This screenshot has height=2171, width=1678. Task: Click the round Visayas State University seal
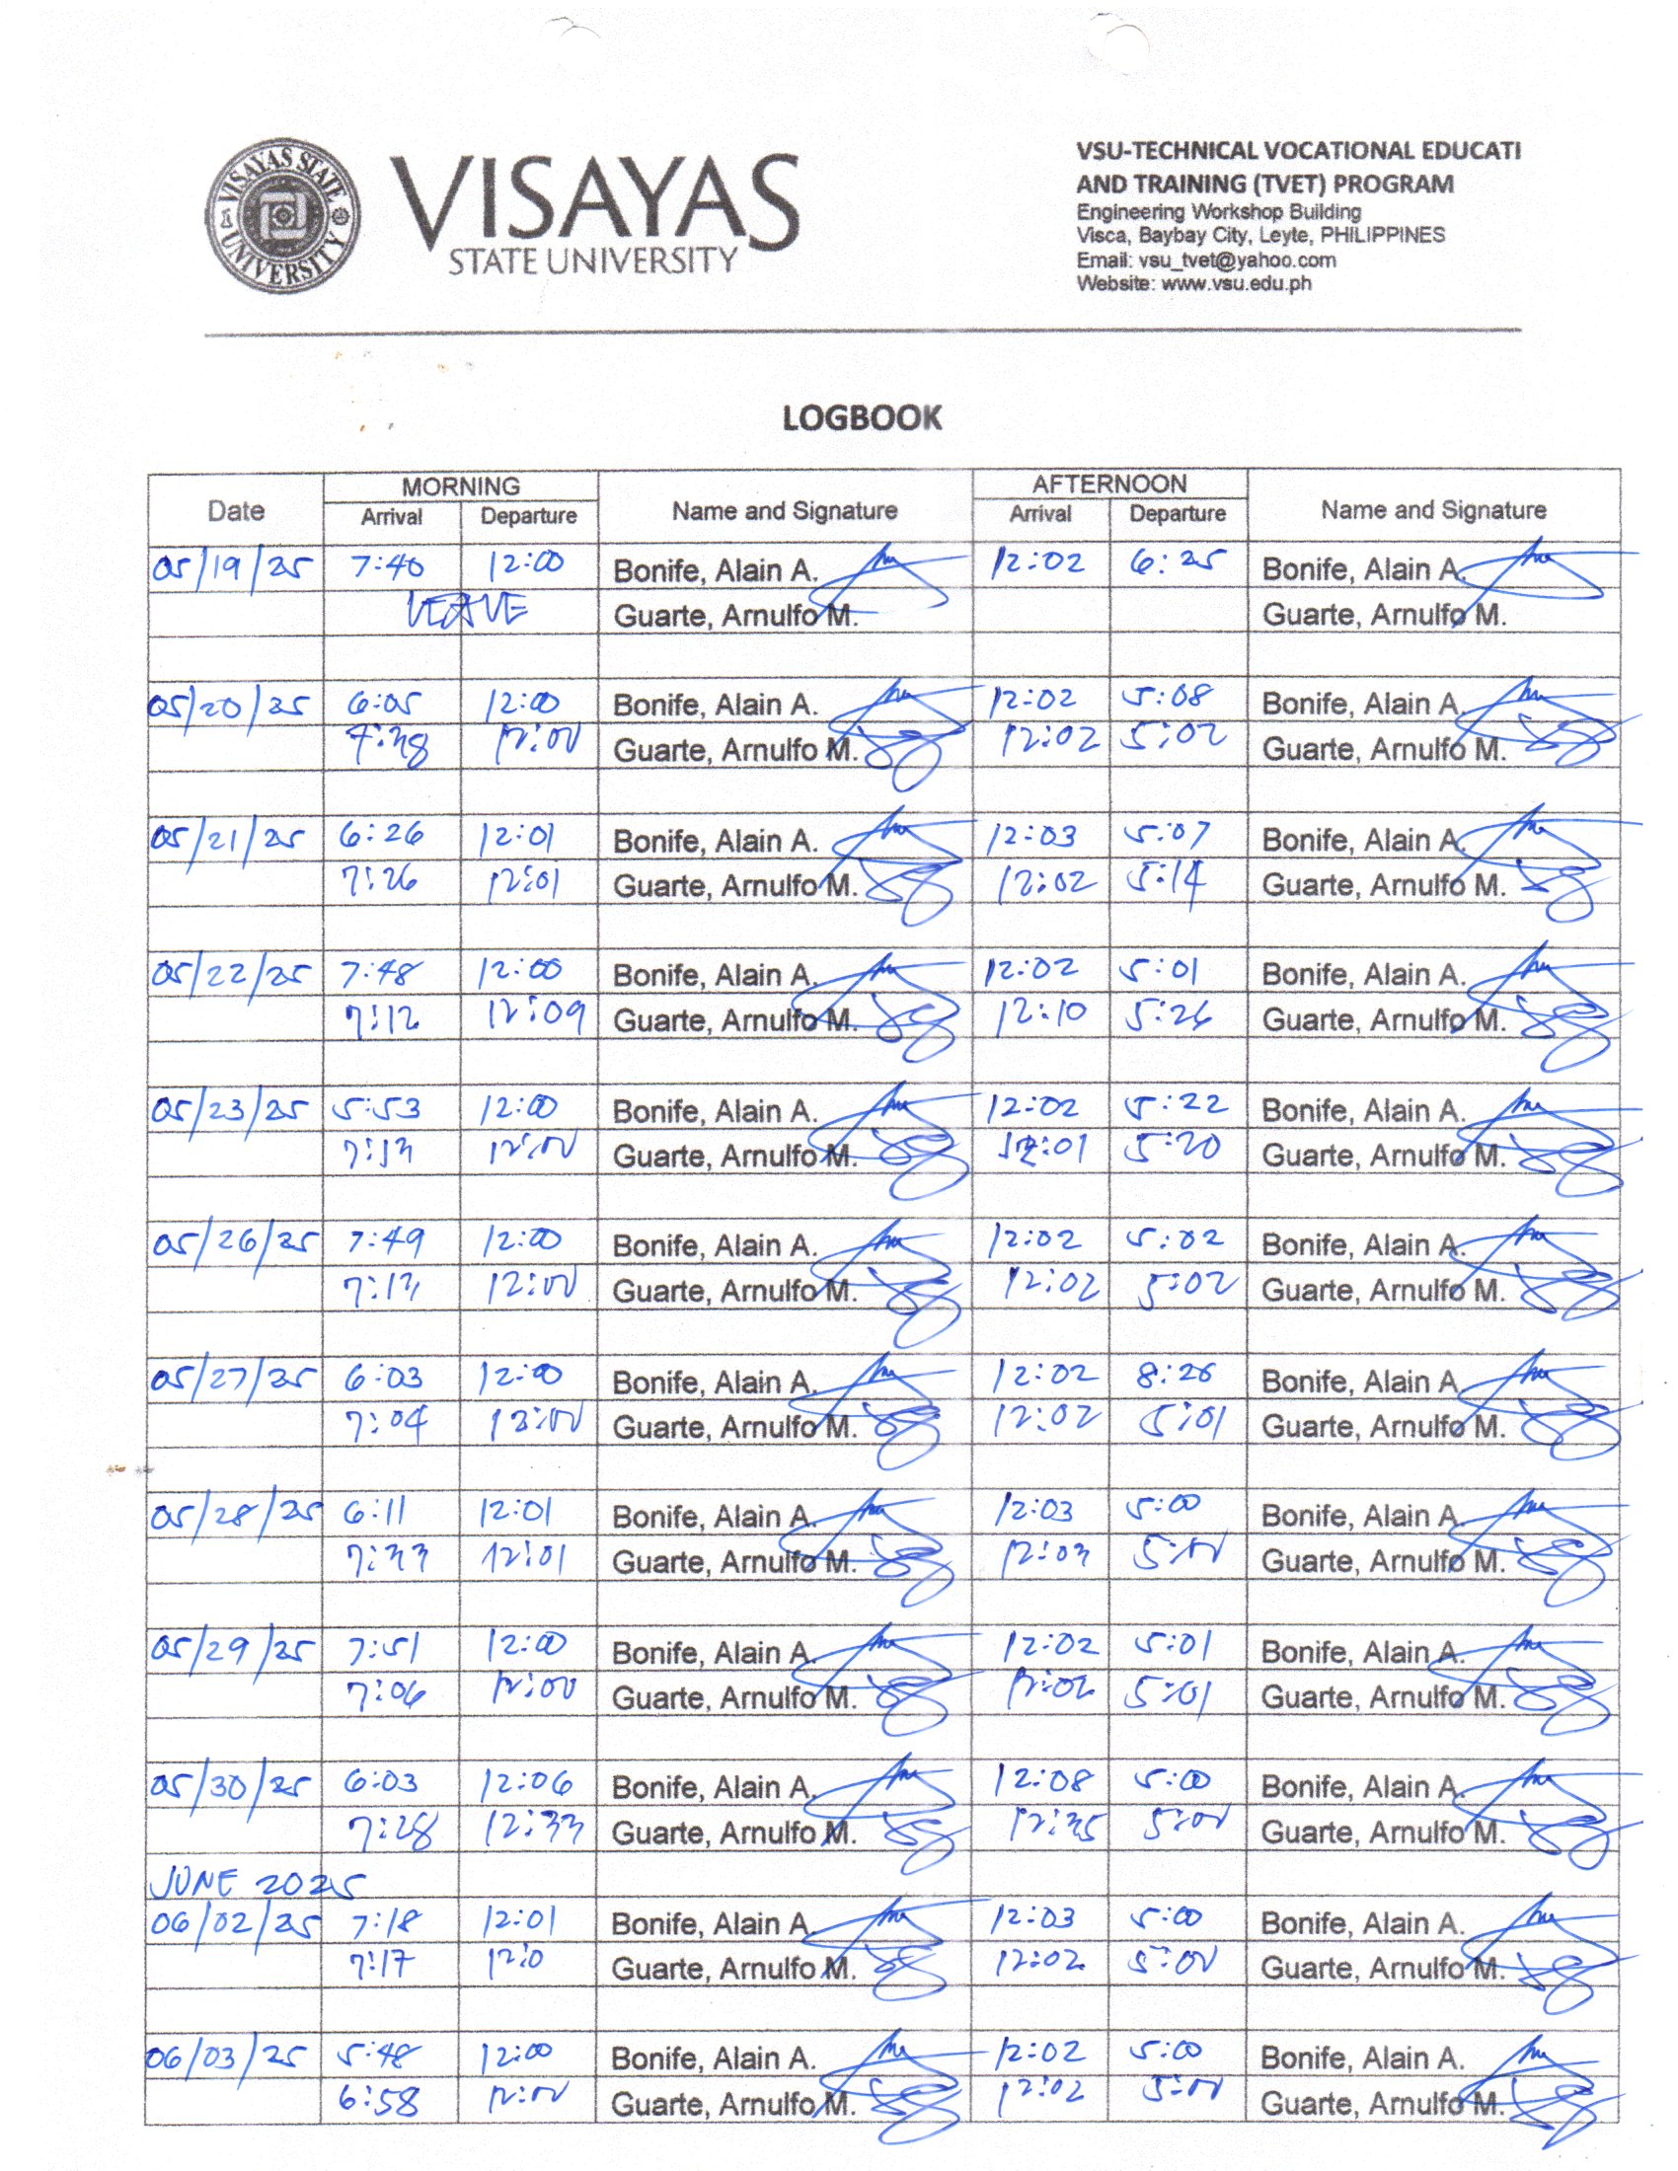(x=283, y=216)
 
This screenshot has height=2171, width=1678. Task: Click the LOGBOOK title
(x=861, y=417)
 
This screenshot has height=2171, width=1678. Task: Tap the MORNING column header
(x=460, y=487)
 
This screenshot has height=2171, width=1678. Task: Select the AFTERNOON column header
(x=1108, y=485)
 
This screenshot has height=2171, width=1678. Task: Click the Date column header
(x=236, y=511)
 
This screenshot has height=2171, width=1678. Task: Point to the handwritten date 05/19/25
(x=233, y=567)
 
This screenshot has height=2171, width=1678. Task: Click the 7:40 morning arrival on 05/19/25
(x=388, y=566)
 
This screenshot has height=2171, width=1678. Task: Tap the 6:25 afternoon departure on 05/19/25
(x=1176, y=564)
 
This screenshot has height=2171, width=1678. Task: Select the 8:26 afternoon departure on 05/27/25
(x=1176, y=1375)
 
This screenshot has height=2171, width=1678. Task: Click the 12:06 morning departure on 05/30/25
(x=526, y=1785)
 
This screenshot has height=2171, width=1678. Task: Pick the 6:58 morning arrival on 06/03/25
(x=378, y=2100)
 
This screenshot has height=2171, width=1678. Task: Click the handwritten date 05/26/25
(x=235, y=1243)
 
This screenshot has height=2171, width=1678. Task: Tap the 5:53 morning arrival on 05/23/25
(x=380, y=1108)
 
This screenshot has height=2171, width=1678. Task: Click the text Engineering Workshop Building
(x=1218, y=212)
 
